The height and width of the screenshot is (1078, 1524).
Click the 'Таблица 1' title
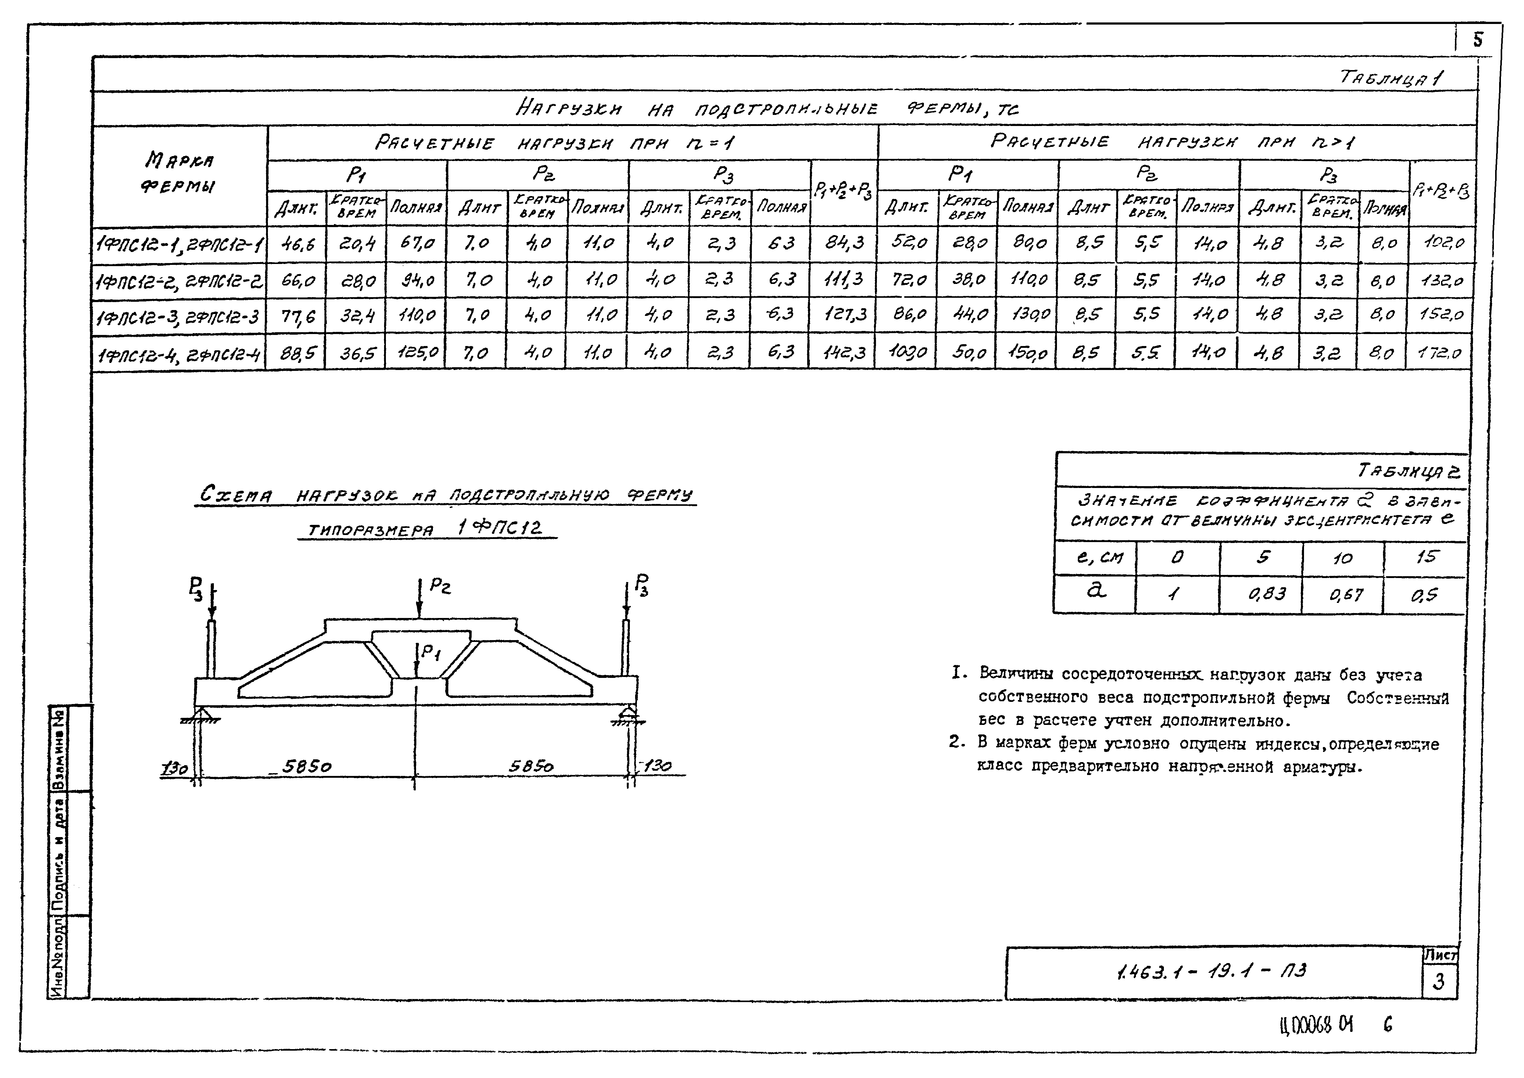pyautogui.click(x=1391, y=78)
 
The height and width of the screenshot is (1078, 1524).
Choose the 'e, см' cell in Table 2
pyautogui.click(x=1099, y=557)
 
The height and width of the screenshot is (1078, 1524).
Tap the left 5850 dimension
pyautogui.click(x=307, y=767)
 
